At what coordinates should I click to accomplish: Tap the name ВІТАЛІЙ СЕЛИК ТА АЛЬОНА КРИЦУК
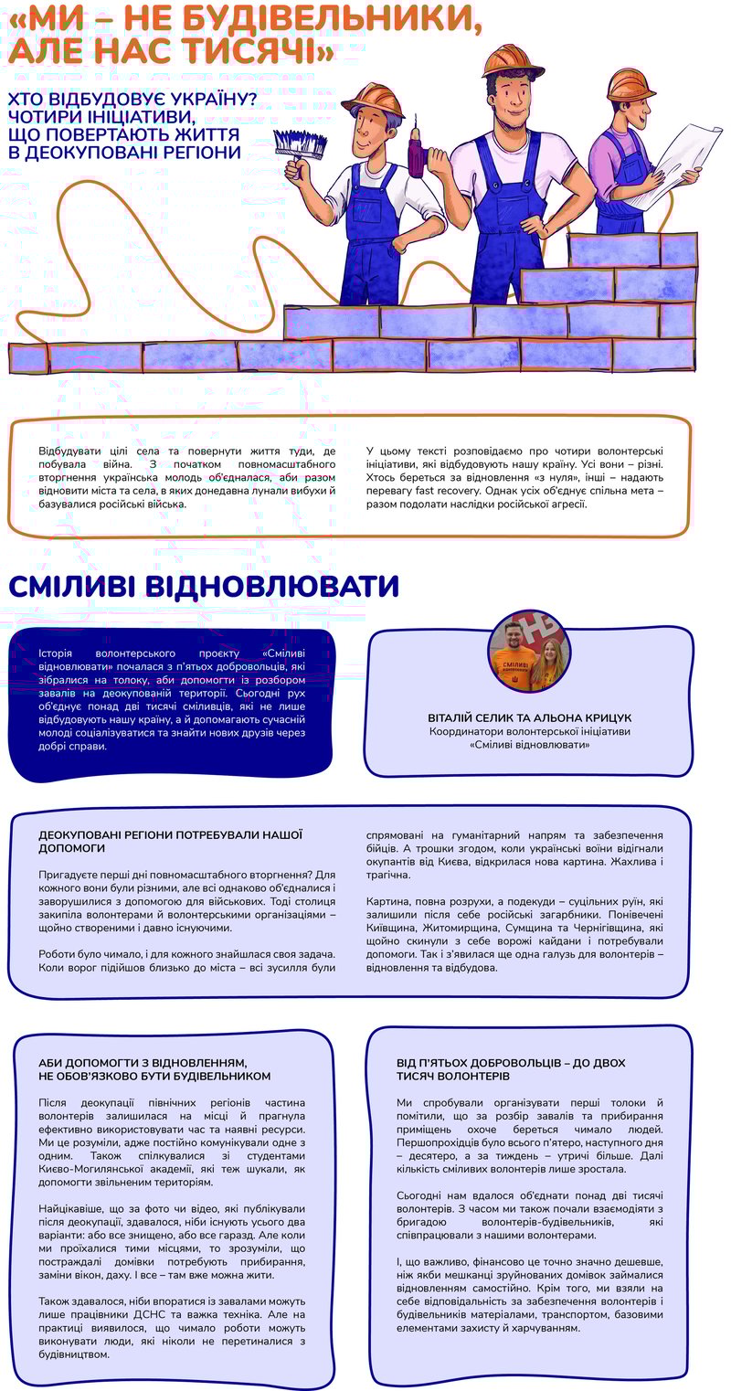529,717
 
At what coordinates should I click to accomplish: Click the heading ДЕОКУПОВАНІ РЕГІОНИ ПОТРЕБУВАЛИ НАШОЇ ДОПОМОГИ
170,841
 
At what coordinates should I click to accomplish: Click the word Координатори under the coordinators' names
466,731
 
